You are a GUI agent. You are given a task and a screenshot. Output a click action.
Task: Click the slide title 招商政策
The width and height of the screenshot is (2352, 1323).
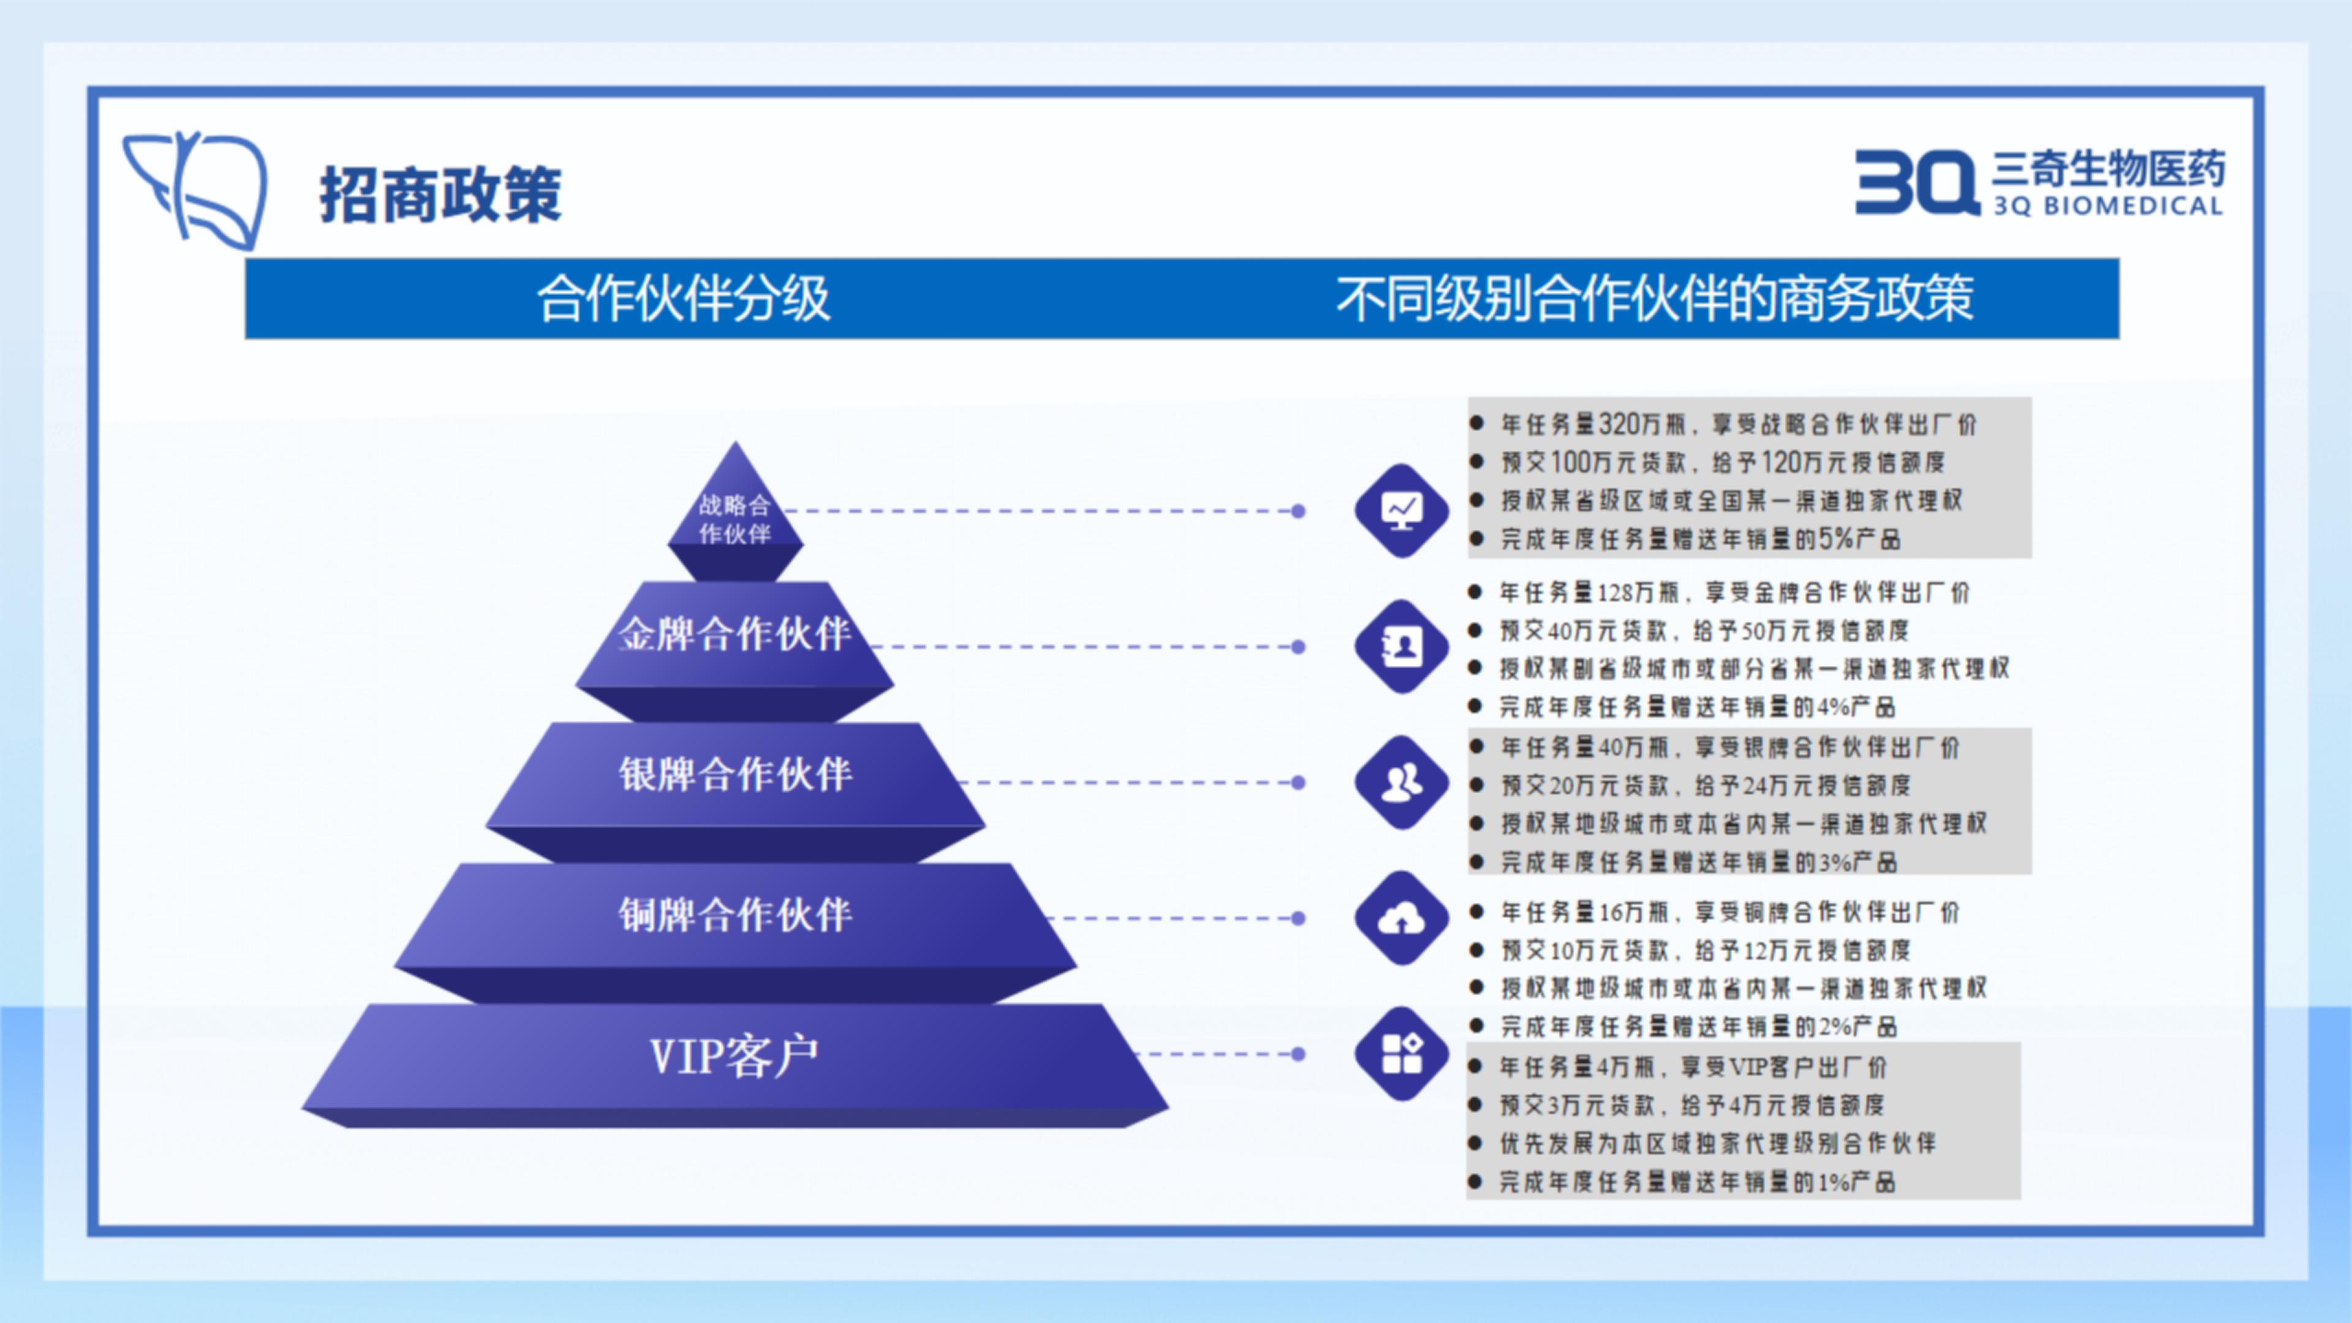(x=440, y=195)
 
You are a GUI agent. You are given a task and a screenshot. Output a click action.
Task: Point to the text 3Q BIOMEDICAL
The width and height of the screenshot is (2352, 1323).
(x=2107, y=205)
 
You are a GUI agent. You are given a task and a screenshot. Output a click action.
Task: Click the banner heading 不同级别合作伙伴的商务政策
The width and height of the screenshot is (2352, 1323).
(x=1654, y=298)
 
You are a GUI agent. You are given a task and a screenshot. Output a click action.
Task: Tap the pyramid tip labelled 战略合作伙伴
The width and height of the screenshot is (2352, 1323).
(x=735, y=519)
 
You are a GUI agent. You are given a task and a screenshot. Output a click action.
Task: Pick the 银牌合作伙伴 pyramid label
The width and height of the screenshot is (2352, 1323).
(x=735, y=774)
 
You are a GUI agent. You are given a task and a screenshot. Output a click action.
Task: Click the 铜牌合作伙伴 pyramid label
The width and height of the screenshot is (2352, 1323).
(x=735, y=914)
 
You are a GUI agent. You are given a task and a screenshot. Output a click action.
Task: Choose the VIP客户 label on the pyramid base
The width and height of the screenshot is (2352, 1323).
(x=734, y=1057)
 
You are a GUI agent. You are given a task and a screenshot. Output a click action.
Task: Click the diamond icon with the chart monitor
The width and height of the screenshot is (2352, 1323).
(x=1401, y=510)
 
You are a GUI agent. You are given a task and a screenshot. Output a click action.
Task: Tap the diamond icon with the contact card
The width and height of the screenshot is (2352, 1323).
(x=1401, y=646)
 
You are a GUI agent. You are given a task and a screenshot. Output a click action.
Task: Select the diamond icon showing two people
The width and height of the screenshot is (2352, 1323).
(x=1401, y=783)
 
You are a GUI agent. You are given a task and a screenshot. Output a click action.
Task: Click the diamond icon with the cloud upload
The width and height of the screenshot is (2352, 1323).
(x=1401, y=919)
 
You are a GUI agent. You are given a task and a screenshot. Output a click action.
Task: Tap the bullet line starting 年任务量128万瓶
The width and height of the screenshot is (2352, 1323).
(x=1735, y=592)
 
